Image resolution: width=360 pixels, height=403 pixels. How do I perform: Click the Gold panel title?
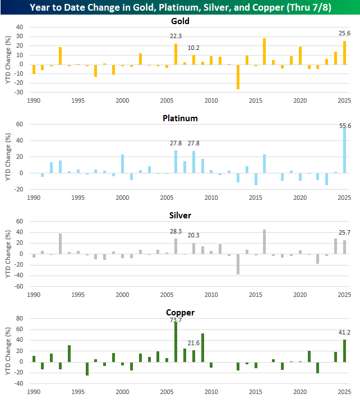pyautogui.click(x=180, y=21)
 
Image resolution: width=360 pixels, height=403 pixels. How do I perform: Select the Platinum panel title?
pyautogui.click(x=180, y=118)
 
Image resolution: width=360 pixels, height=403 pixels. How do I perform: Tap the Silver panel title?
pyautogui.click(x=180, y=216)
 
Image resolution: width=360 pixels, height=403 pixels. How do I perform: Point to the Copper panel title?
pyautogui.click(x=180, y=312)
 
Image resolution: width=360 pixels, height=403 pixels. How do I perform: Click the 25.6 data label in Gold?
pyautogui.click(x=344, y=34)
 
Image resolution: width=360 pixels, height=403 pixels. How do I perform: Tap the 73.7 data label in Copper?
pyautogui.click(x=176, y=320)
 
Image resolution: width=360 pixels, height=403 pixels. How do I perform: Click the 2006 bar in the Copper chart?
pyautogui.click(x=176, y=342)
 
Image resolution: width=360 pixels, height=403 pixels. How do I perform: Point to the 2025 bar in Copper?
pyautogui.click(x=344, y=350)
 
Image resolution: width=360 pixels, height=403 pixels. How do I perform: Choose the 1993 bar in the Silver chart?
pyautogui.click(x=60, y=244)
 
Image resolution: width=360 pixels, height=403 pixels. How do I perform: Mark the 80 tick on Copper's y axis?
pyautogui.click(x=19, y=318)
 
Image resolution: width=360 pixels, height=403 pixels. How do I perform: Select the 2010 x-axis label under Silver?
pyautogui.click(x=211, y=295)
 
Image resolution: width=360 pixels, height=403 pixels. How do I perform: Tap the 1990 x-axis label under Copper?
pyautogui.click(x=34, y=392)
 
